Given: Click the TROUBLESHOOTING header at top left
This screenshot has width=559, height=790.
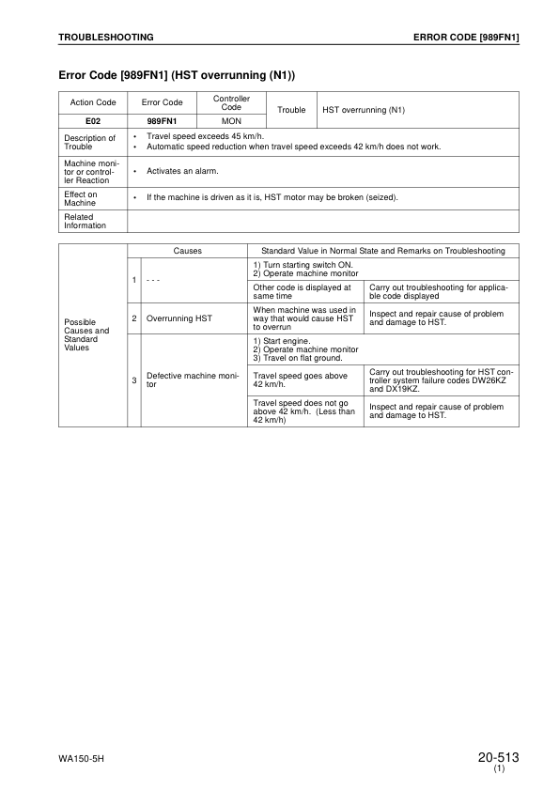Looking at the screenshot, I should coord(105,37).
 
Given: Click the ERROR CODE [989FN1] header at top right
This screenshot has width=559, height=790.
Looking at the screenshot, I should coord(466,37).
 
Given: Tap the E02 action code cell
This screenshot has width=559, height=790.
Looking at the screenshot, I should coord(92,121).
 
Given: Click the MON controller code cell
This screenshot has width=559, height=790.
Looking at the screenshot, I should coord(231,121).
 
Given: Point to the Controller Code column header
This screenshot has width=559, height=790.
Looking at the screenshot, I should coord(231,102).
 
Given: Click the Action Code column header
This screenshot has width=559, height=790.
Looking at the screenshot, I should coord(92,102).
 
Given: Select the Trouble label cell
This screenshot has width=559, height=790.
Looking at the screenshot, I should coord(292,110).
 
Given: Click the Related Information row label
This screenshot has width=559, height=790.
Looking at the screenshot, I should coord(85,221).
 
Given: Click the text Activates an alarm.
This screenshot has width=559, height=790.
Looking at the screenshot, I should coord(182,171).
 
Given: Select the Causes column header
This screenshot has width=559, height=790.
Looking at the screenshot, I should coord(187,251).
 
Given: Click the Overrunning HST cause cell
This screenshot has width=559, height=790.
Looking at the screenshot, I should coord(179,318).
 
